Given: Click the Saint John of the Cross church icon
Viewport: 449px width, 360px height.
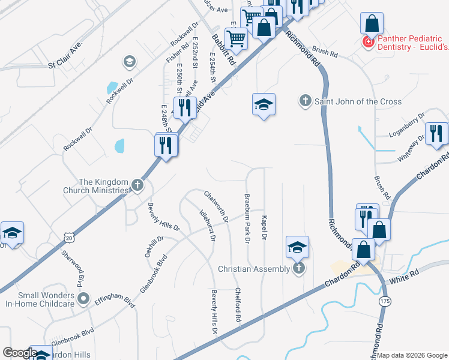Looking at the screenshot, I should pyautogui.click(x=306, y=101).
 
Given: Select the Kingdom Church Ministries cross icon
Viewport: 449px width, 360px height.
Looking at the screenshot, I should pyautogui.click(x=137, y=185).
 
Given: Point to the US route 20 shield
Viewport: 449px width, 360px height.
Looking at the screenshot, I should pyautogui.click(x=69, y=238).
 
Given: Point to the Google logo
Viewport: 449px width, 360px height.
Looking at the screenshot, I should pyautogui.click(x=20, y=353).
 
